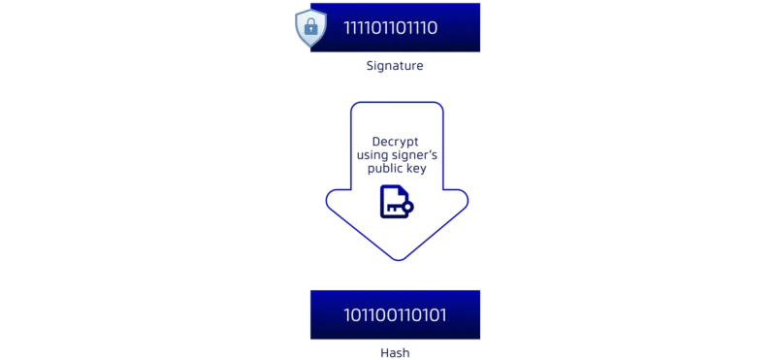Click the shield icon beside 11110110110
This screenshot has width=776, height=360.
pos(310,27)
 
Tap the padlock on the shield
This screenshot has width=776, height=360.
pos(310,28)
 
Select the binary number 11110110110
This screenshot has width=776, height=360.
pos(391,27)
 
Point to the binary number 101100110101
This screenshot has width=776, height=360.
pos(395,314)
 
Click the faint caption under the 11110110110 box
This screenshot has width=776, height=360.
pos(394,68)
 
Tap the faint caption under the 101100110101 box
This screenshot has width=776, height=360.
pos(394,353)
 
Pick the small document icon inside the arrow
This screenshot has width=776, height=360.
pos(392,200)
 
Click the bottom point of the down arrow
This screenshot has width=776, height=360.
pos(396,260)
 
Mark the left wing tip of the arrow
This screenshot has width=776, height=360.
pos(323,202)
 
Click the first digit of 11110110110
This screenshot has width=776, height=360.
pos(346,27)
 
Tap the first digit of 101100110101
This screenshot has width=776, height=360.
pos(346,314)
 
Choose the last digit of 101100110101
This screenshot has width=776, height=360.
pos(443,314)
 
